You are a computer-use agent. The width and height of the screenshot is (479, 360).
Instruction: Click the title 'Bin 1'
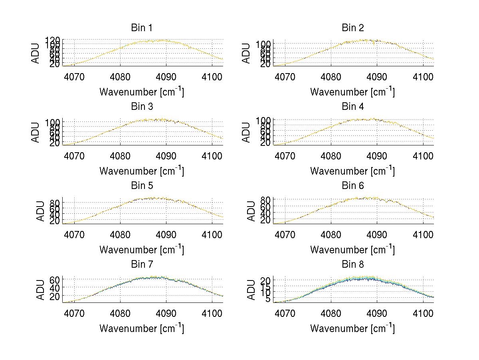point(141,28)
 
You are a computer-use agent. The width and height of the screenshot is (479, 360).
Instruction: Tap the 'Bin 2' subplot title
point(352,28)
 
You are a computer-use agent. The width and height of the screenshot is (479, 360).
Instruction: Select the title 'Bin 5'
point(141,186)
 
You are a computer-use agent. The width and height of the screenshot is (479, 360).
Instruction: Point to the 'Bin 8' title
point(352,265)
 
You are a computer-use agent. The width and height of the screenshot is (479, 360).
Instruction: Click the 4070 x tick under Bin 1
point(74,76)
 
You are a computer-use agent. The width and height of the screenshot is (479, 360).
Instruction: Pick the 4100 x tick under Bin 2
point(423,76)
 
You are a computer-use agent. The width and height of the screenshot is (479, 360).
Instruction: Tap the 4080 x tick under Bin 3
point(120,155)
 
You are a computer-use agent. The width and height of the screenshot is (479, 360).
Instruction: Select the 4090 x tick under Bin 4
point(377,155)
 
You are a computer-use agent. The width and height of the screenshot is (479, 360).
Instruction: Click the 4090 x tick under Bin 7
point(166,313)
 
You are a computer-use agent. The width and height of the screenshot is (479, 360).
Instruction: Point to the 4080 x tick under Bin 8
point(331,313)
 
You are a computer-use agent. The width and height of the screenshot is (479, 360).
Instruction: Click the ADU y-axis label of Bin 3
point(36,132)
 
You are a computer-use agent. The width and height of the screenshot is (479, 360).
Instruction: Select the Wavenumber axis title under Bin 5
point(141,250)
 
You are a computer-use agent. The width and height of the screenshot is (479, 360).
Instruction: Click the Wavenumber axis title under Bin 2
point(352,92)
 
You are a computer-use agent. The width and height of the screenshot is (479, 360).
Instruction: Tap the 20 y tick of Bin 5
point(55,220)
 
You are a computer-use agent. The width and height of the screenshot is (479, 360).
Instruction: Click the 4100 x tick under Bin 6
point(423,234)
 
